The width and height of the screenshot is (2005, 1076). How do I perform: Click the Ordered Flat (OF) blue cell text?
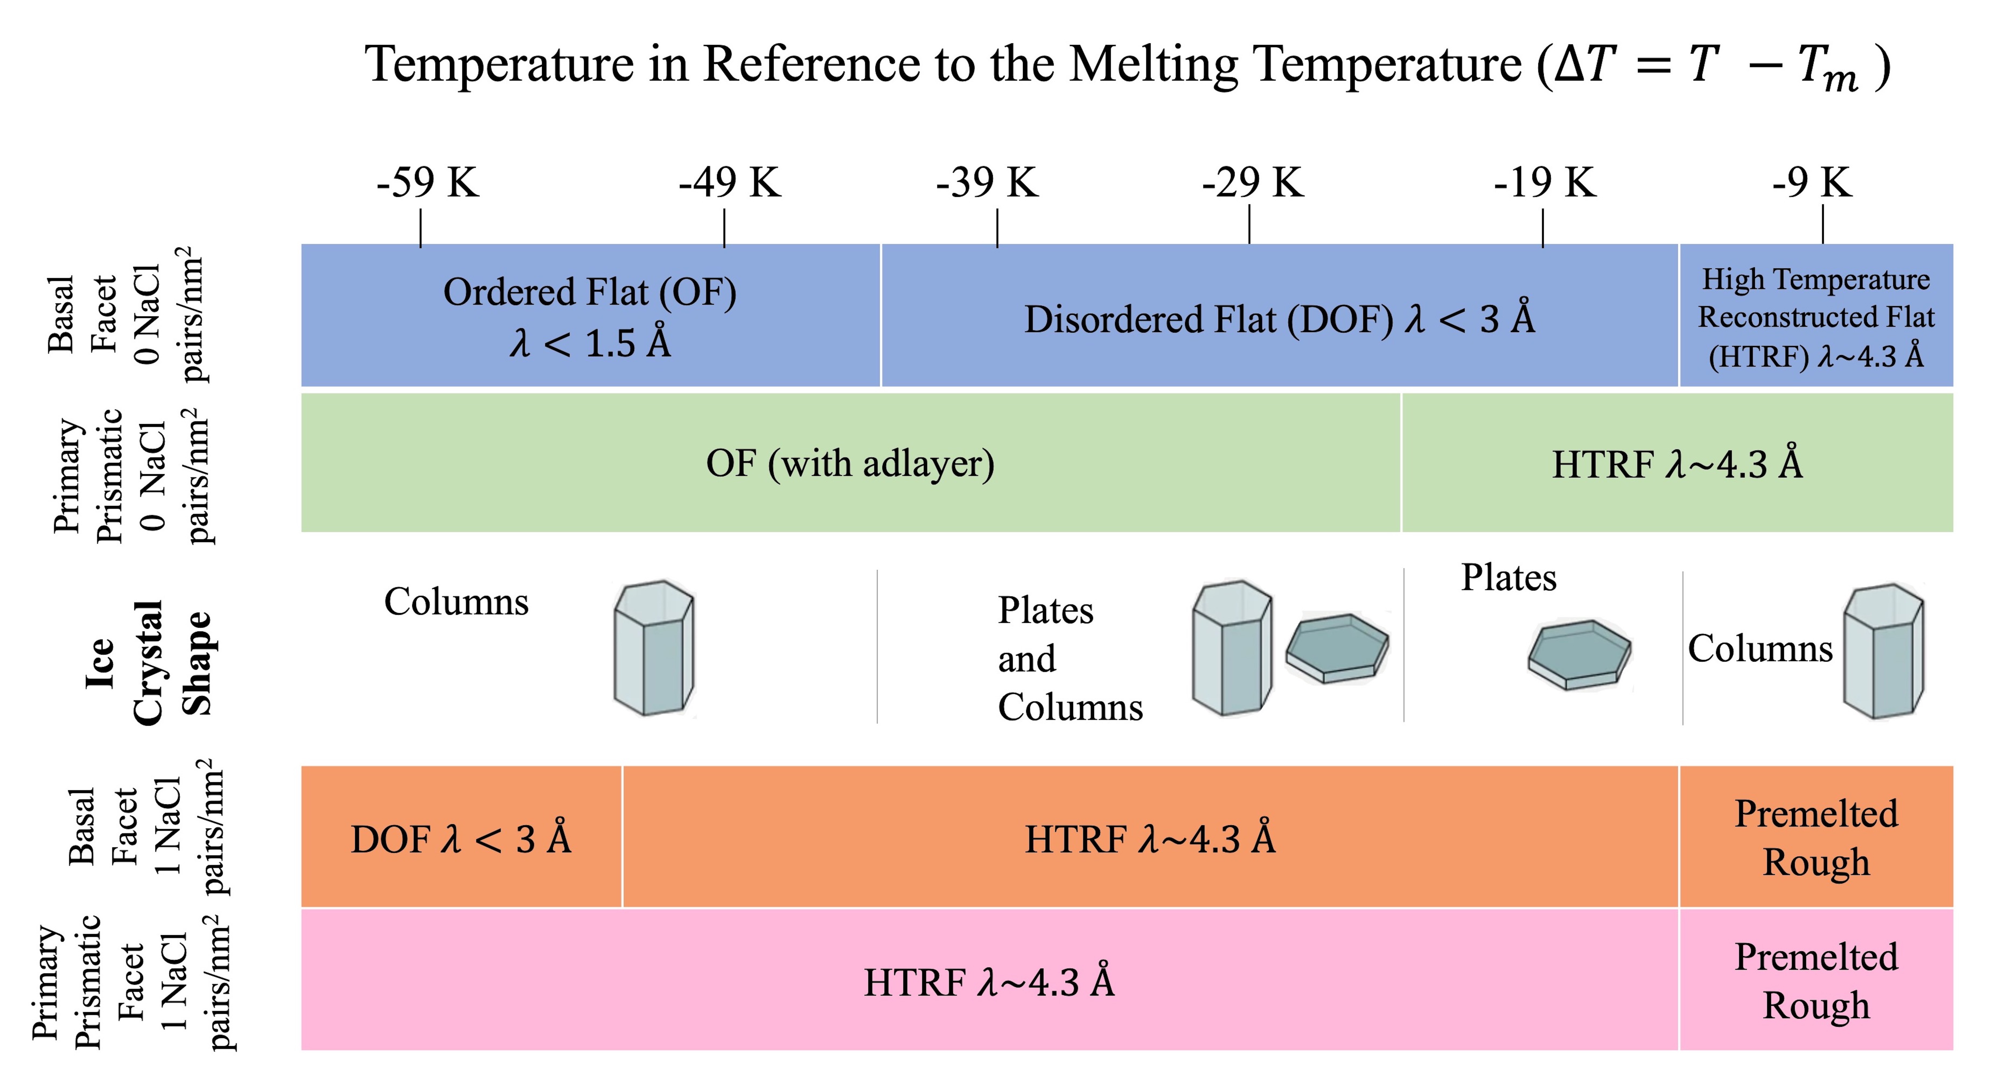pos(590,316)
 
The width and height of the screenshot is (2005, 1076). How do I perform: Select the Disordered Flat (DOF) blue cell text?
pos(1279,319)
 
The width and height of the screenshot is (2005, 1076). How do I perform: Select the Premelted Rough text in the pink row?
pos(1816,981)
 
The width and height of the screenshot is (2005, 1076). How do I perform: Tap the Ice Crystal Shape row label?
pos(148,662)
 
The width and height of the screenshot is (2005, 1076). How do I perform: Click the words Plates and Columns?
pos(1070,659)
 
